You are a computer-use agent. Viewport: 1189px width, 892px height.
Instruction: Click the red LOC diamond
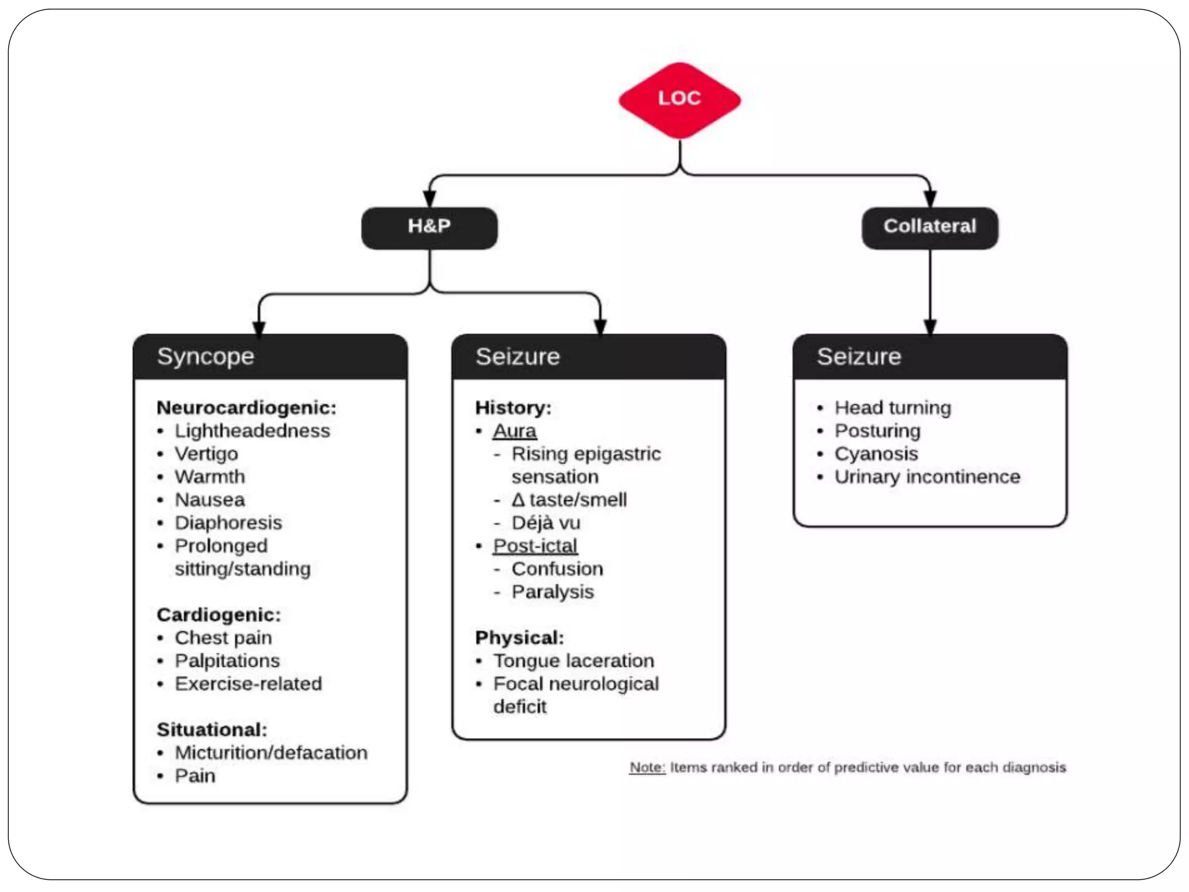coord(679,100)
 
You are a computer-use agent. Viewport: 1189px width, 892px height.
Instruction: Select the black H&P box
coord(429,228)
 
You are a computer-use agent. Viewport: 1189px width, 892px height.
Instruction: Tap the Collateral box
coord(929,228)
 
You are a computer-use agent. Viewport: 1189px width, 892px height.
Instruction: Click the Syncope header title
coord(206,357)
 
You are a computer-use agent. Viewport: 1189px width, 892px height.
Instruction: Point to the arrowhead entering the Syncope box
coord(259,328)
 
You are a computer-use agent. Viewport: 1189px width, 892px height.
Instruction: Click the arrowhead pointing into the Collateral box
coord(929,199)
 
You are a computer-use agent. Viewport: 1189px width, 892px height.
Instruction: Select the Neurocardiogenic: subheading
coord(246,408)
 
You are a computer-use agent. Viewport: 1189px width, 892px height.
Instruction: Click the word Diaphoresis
coord(228,523)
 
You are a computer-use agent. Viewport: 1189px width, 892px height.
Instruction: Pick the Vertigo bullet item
coord(206,454)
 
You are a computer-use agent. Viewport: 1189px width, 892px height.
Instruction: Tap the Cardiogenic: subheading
coord(218,614)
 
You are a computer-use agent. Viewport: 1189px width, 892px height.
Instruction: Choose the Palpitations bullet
coord(227,661)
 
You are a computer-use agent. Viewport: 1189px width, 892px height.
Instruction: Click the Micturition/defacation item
coord(271,753)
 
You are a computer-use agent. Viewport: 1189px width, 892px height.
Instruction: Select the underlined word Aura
coord(514,431)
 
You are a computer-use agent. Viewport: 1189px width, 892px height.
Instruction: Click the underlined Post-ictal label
coord(535,546)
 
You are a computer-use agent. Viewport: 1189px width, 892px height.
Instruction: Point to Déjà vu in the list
coord(546,523)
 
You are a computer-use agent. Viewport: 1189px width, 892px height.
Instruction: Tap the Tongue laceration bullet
coord(574,661)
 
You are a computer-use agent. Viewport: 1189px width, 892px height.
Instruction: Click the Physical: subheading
coord(519,638)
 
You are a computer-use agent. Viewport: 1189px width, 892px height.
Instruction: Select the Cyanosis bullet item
coord(876,454)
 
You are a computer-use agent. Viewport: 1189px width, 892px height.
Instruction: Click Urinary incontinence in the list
coord(927,477)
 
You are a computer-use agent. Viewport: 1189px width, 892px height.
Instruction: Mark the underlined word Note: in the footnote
coord(647,768)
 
